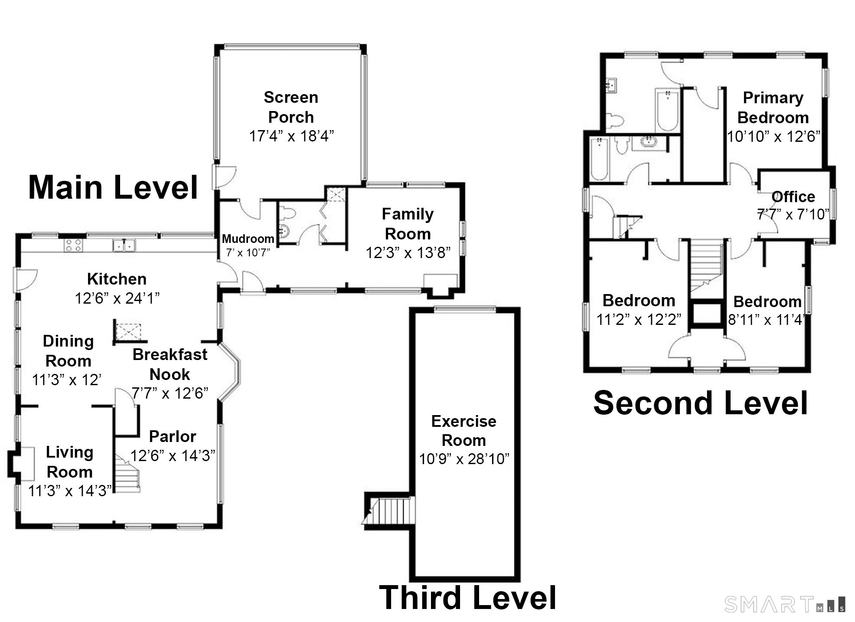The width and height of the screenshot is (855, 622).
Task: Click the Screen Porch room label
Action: [291, 107]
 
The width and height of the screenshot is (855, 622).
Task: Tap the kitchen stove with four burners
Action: [73, 246]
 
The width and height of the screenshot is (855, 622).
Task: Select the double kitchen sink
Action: [124, 245]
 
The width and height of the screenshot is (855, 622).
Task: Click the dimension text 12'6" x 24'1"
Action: [117, 298]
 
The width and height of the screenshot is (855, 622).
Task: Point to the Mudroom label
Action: [248, 239]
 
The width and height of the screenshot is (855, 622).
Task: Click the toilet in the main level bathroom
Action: [288, 213]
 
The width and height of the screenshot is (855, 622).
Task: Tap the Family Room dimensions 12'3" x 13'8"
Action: [408, 252]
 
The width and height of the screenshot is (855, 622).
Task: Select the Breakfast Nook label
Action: [170, 364]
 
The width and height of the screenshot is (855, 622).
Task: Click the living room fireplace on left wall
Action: [22, 464]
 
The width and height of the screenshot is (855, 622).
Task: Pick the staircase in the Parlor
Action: [127, 475]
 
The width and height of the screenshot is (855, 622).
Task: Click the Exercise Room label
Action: [463, 431]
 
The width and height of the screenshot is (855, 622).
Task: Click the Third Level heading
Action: [467, 597]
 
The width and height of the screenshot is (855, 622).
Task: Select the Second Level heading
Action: [700, 403]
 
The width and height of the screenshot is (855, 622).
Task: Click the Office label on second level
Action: [793, 197]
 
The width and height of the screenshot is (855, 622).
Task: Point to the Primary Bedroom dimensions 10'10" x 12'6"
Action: [773, 137]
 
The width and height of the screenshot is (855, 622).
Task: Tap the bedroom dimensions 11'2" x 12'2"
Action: [639, 320]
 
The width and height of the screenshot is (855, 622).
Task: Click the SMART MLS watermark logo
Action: [784, 604]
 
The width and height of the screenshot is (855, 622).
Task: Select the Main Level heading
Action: [113, 187]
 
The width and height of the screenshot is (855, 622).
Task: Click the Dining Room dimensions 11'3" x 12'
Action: [67, 380]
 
